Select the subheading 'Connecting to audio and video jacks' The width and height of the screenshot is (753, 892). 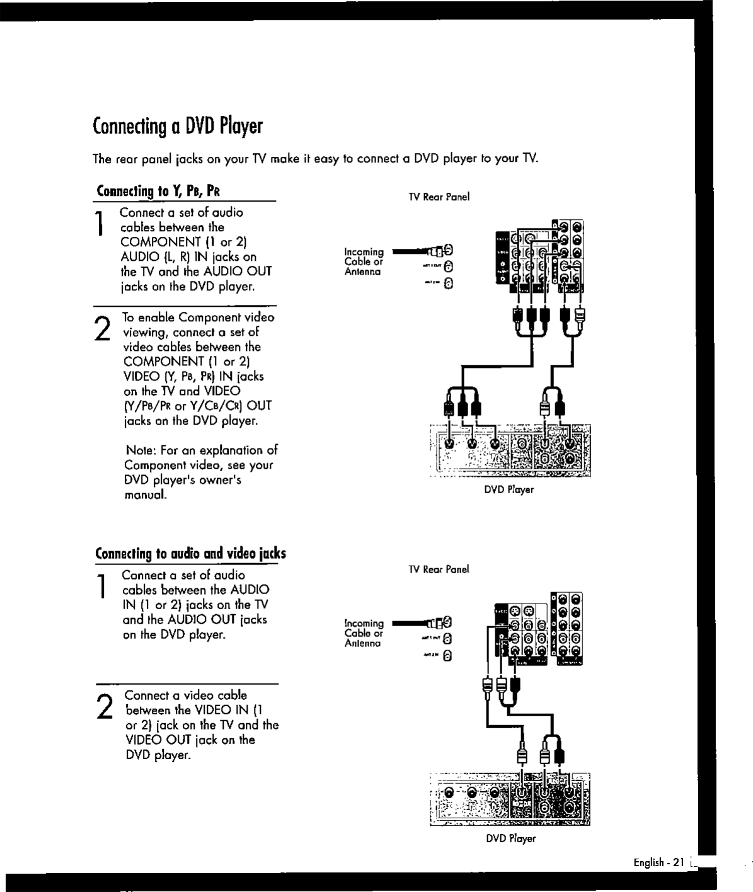click(x=190, y=554)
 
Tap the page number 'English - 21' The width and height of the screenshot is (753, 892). click(x=658, y=862)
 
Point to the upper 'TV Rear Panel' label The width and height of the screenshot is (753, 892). click(x=439, y=197)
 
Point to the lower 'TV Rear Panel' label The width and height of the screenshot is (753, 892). click(x=439, y=569)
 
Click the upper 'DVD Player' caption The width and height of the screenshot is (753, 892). click(x=509, y=489)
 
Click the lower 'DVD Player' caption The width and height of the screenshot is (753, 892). click(x=510, y=839)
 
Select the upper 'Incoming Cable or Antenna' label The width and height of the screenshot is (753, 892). click(x=364, y=261)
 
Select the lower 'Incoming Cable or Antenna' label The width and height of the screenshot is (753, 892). click(x=364, y=633)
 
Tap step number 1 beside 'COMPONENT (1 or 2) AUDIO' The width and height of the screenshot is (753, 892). click(x=100, y=225)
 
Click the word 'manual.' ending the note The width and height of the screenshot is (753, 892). click(x=146, y=495)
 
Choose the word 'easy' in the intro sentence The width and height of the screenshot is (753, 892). click(x=326, y=158)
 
